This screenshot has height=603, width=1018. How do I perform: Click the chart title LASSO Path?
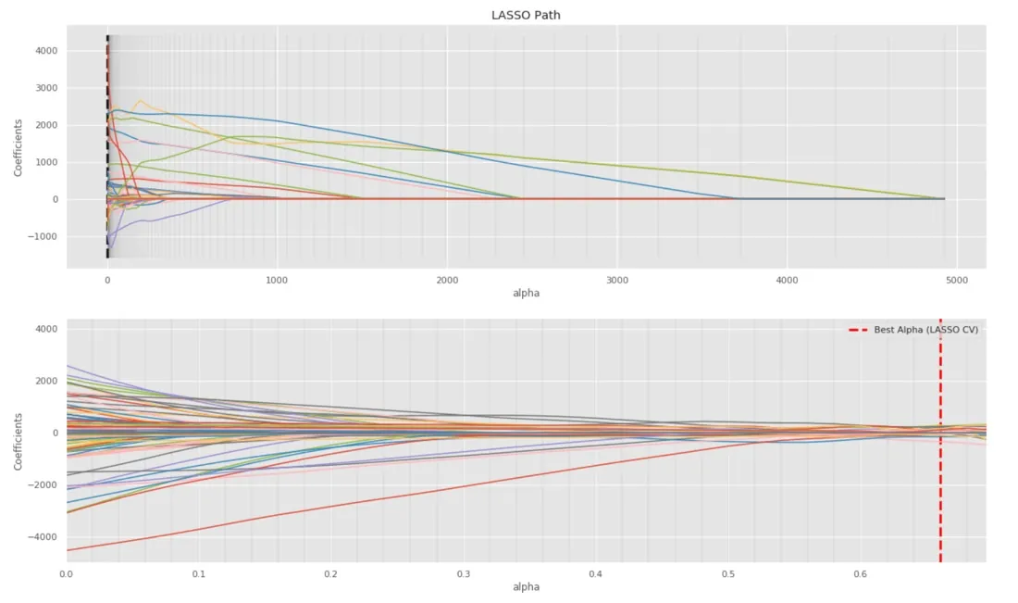pos(526,15)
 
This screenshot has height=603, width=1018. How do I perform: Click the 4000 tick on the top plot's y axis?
pos(47,51)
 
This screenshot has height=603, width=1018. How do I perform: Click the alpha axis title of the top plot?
pos(526,293)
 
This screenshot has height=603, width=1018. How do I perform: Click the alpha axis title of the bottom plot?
pos(526,586)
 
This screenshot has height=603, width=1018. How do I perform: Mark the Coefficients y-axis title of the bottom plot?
pos(19,439)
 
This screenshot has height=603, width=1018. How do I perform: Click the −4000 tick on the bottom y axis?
pos(44,537)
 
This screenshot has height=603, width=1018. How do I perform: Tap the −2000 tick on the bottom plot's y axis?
pos(44,485)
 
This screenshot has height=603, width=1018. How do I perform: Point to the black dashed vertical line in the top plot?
pos(107,148)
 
